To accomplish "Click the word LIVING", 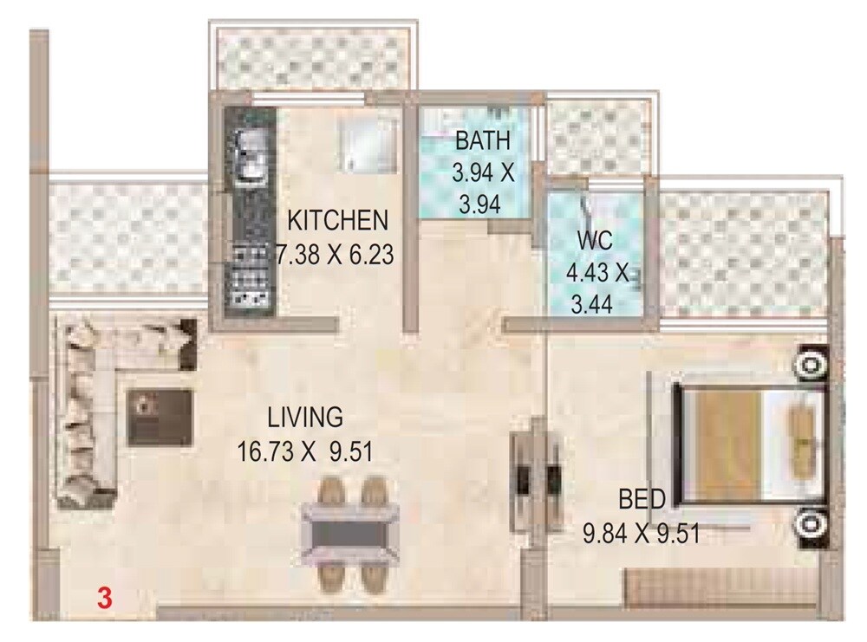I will (x=305, y=418).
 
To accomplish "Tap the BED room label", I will (x=642, y=499).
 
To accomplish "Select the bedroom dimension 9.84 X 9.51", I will (x=642, y=533).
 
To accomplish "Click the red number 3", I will (x=104, y=597).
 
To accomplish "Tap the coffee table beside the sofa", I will (x=160, y=416).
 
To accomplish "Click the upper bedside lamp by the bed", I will (x=812, y=365).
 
